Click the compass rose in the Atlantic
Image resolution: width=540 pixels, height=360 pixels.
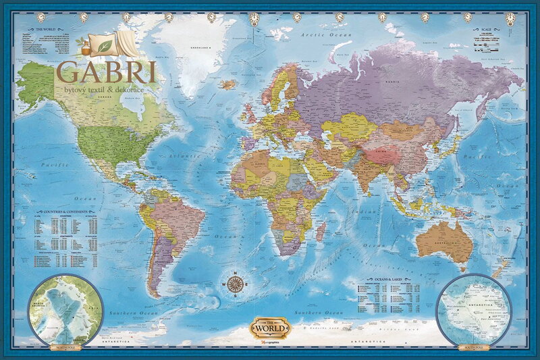(x=236, y=284)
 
